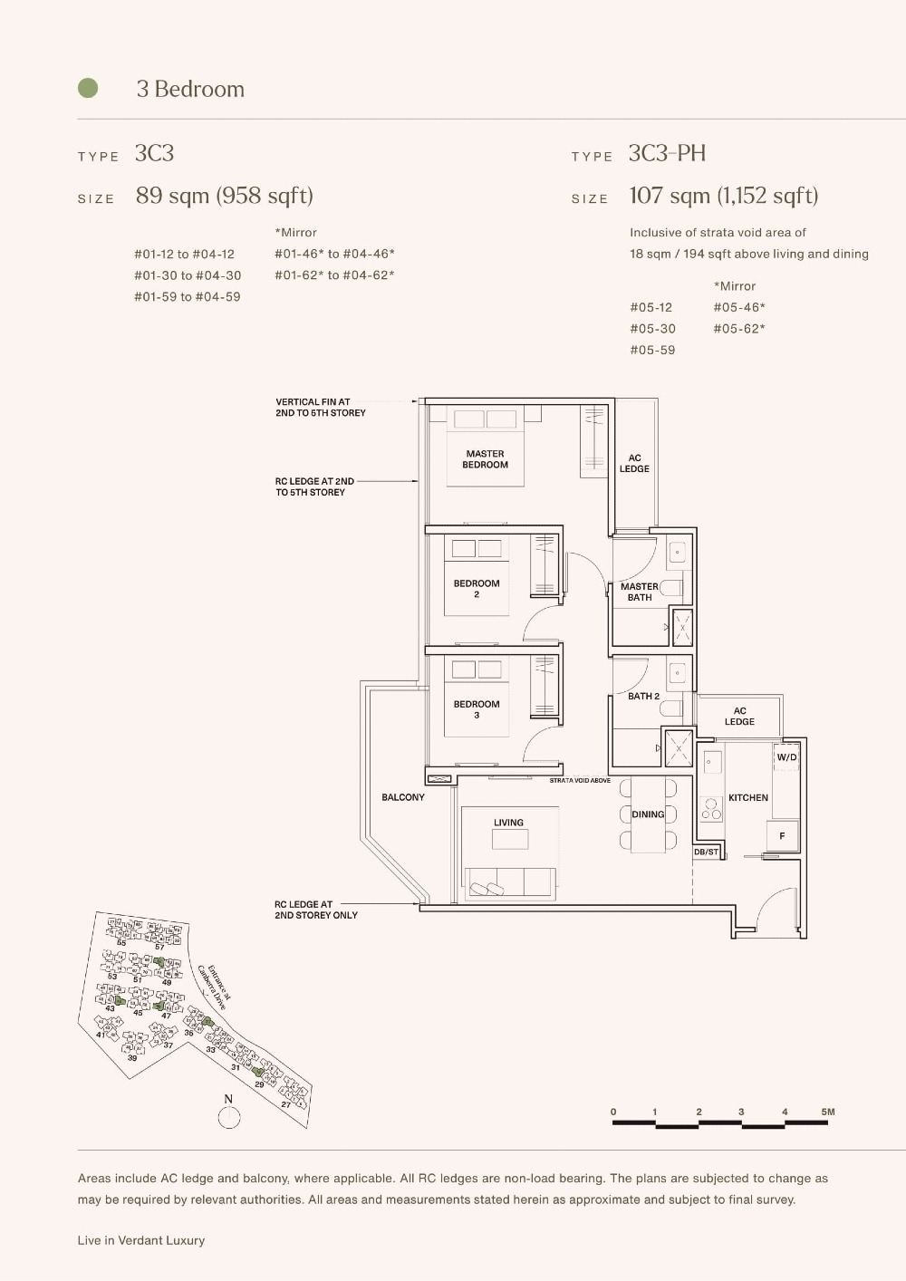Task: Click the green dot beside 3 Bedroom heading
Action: click(88, 88)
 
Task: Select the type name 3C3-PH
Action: click(667, 153)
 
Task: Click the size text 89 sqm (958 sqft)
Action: click(224, 196)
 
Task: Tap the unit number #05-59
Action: click(652, 350)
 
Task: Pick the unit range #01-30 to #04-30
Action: click(188, 275)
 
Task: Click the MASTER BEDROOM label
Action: click(485, 459)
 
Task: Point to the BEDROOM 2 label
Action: click(477, 589)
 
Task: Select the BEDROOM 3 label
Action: click(477, 709)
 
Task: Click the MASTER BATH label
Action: click(640, 592)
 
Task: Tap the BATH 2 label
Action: click(644, 696)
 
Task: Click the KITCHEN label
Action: click(748, 798)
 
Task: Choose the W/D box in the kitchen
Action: click(786, 756)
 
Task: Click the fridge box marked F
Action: click(782, 835)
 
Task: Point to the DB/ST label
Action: click(706, 852)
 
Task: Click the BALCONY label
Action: click(403, 797)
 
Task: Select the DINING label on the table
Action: click(648, 814)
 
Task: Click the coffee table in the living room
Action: click(510, 840)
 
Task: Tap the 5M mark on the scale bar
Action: click(827, 1112)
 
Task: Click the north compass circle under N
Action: click(229, 1118)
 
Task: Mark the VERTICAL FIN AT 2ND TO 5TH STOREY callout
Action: click(321, 407)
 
